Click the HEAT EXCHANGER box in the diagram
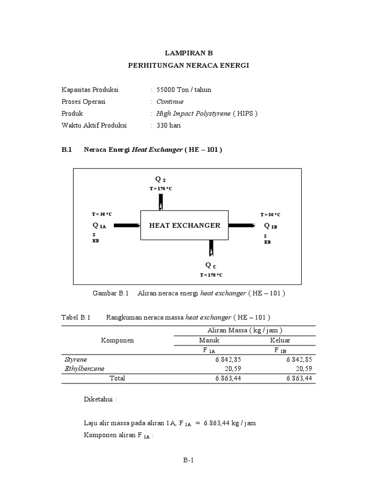coord(184,225)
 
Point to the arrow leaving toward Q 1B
coord(242,225)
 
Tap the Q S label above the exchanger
coord(160,180)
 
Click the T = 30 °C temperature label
coord(102,214)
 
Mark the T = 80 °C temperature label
coord(270,214)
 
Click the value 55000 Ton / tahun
coord(180,90)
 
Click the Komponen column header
coord(117,340)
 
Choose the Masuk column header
coord(209,340)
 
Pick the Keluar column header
coord(280,340)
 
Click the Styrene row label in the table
coord(76,359)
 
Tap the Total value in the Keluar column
coord(299,378)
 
